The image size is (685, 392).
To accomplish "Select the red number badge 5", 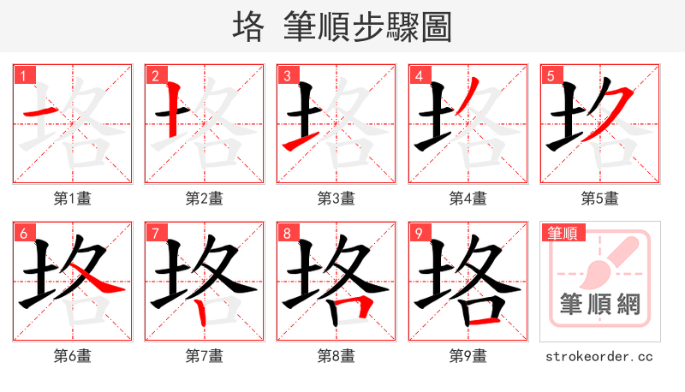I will (x=551, y=75).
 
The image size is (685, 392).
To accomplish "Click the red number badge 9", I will (x=419, y=233).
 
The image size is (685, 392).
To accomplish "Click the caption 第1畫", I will (x=73, y=199).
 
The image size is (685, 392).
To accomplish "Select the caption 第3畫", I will (x=337, y=199).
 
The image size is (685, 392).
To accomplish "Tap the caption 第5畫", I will (x=600, y=199).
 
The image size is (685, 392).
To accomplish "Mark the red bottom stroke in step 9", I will (x=484, y=321).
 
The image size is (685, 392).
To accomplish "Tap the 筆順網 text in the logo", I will (x=600, y=305).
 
